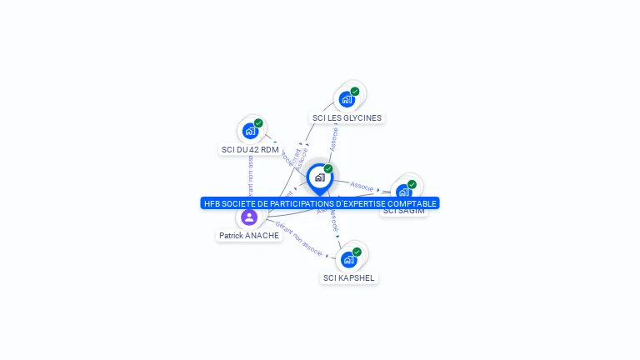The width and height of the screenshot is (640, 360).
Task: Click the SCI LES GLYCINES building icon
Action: (x=347, y=99)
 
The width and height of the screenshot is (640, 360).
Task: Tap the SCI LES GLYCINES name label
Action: (x=347, y=118)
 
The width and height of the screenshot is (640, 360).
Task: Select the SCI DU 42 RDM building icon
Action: (x=250, y=131)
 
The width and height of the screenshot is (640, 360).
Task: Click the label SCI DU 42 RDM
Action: (x=250, y=150)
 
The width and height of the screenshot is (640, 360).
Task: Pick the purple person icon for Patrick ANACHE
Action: (x=248, y=217)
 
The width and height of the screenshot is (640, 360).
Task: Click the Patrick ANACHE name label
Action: (x=249, y=236)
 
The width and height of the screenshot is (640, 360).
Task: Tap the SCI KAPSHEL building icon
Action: (x=348, y=259)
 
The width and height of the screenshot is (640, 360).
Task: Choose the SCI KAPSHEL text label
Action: (x=349, y=278)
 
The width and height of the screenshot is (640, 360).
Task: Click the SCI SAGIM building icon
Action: (x=403, y=192)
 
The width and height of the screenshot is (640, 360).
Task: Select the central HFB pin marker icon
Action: (x=319, y=177)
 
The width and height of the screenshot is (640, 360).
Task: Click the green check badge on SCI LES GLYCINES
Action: (x=355, y=92)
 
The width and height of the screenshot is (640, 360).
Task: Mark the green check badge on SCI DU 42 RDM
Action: (x=258, y=123)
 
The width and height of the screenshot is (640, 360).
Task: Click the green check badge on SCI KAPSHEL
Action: (x=357, y=252)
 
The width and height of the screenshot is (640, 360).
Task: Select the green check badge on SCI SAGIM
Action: (x=412, y=184)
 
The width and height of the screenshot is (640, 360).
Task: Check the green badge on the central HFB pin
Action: (x=328, y=169)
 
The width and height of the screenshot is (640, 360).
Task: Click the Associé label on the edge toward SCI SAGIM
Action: (x=362, y=186)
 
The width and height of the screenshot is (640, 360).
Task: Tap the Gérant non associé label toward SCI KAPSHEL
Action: (x=298, y=237)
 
